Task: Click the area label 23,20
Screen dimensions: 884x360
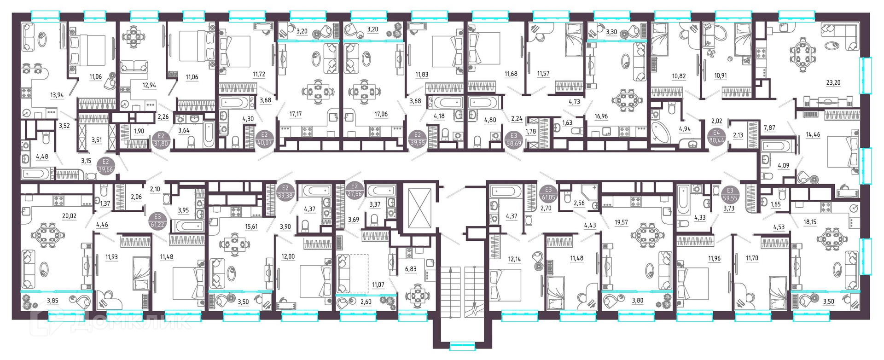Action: click(833, 83)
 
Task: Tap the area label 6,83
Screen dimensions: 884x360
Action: click(410, 269)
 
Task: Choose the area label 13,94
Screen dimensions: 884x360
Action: click(57, 95)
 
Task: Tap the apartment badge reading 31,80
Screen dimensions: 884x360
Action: click(161, 139)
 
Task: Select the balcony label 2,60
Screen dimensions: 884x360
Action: click(366, 302)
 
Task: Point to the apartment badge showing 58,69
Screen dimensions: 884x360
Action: click(514, 139)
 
